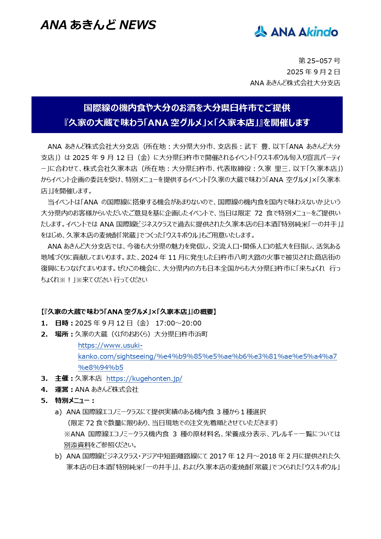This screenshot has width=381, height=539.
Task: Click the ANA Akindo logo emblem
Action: (261, 32)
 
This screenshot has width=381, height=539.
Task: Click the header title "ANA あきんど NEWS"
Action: (98, 25)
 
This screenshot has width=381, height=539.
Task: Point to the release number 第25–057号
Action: (319, 61)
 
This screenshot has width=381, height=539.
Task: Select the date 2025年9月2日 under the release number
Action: (313, 72)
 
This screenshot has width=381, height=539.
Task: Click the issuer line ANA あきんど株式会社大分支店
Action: (295, 83)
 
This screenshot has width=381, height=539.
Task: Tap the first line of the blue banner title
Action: (187, 108)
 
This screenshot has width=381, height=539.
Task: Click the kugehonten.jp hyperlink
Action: (144, 378)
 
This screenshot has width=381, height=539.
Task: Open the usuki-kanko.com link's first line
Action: (110, 345)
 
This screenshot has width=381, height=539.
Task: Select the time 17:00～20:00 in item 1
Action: (178, 323)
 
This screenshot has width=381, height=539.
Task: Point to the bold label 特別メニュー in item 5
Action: (72, 400)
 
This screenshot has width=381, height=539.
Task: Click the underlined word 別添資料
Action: (77, 445)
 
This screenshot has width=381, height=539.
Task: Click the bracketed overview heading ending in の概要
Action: (128, 312)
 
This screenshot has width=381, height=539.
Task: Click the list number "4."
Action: (44, 389)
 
